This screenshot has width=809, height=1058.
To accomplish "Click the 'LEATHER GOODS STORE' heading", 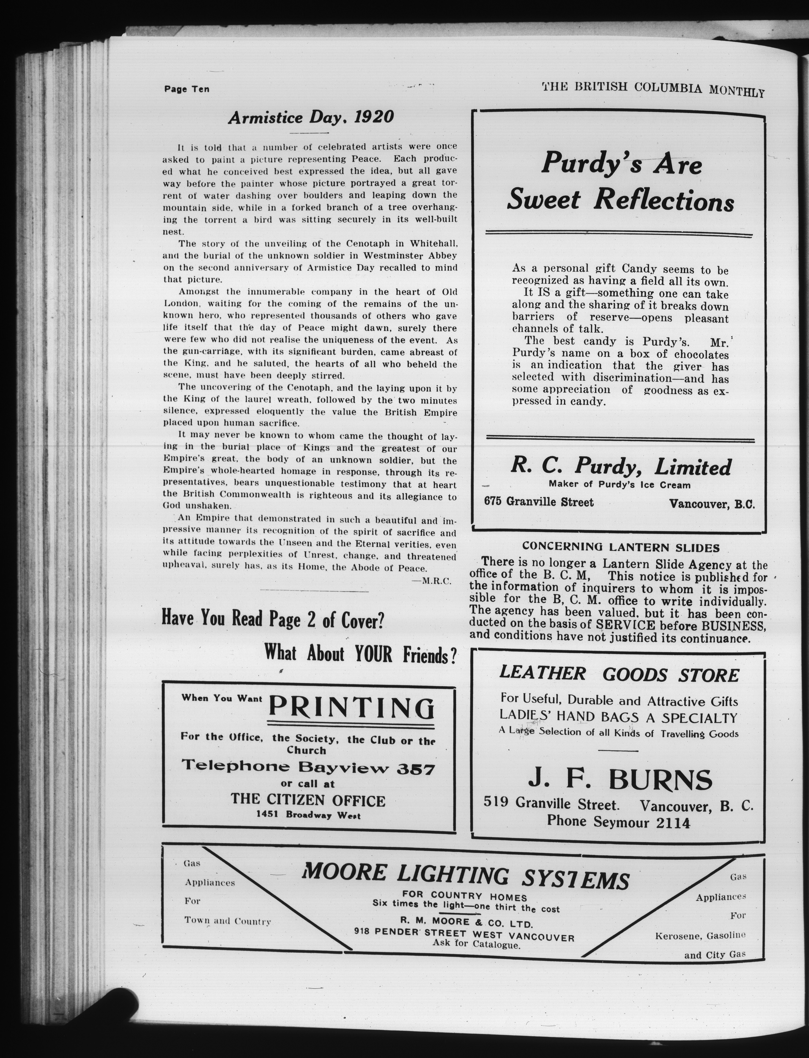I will click(x=619, y=675).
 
